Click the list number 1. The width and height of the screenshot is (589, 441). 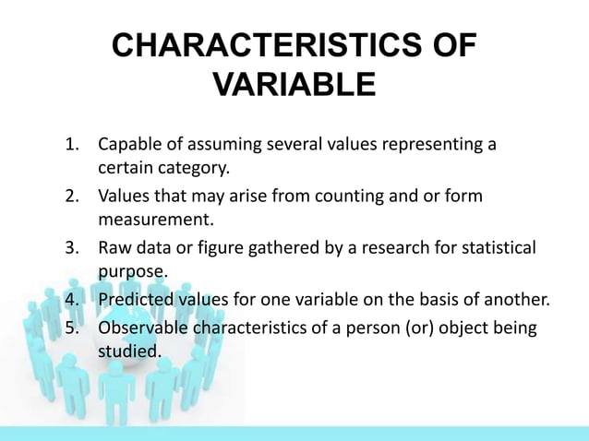(x=70, y=146)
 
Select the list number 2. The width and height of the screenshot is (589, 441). (x=70, y=197)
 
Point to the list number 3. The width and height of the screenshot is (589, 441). (x=70, y=249)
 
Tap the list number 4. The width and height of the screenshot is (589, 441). (x=70, y=301)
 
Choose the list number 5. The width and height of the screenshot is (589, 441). (x=70, y=328)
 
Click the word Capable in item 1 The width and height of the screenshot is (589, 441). (x=128, y=146)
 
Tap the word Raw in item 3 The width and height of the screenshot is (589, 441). (x=115, y=249)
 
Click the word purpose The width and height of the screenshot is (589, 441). (x=132, y=272)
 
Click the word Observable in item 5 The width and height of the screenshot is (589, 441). (x=143, y=328)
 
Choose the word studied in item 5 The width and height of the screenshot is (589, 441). (x=128, y=352)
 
